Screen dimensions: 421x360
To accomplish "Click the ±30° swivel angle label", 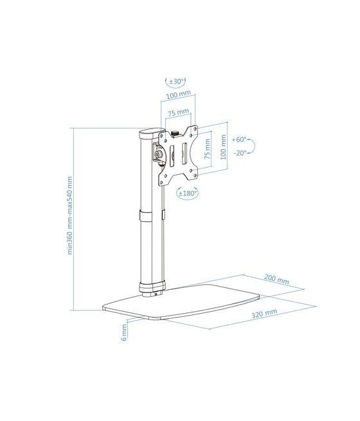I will tap(176, 82).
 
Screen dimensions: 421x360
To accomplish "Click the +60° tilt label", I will tap(239, 139).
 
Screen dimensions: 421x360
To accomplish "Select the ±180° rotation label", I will tap(187, 192).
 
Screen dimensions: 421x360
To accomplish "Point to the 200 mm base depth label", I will tap(276, 281).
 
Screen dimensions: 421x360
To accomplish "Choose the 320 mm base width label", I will tap(264, 312).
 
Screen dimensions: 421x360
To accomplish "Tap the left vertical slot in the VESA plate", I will tap(172, 154).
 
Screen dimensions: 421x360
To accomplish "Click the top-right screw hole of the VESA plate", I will tap(192, 130).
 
